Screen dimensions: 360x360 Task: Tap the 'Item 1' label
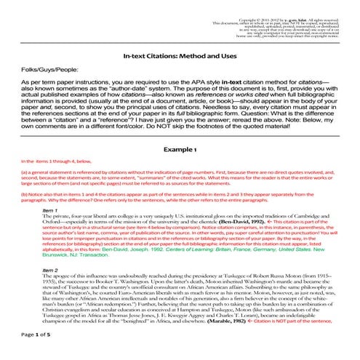pyautogui.click(x=52, y=209)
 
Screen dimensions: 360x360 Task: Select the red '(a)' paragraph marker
pyautogui.click(x=25, y=173)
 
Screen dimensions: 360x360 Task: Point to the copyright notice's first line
pyautogui.click(x=287, y=6)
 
